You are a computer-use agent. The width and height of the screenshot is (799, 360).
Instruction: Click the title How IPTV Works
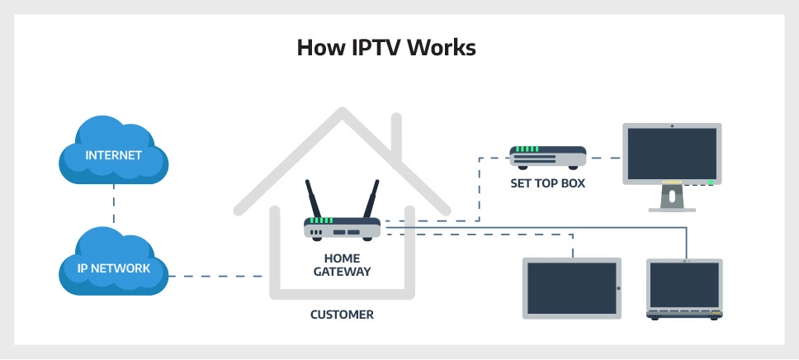pyautogui.click(x=386, y=48)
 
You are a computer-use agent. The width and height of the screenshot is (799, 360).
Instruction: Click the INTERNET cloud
pyautogui.click(x=114, y=155)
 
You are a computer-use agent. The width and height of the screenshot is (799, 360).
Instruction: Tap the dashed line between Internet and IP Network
pyautogui.click(x=114, y=210)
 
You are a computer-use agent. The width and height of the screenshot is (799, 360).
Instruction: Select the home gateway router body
pyautogui.click(x=342, y=228)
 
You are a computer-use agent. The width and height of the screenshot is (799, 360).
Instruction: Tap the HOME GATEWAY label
pyautogui.click(x=342, y=264)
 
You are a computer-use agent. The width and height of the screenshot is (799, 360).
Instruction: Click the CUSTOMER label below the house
pyautogui.click(x=342, y=315)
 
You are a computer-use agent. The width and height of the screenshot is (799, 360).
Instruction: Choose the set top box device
pyautogui.click(x=547, y=156)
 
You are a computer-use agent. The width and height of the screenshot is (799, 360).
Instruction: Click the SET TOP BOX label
pyautogui.click(x=547, y=183)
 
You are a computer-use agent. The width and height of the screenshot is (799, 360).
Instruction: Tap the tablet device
pyautogui.click(x=571, y=287)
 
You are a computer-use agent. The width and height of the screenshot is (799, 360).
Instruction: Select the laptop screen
pyautogui.click(x=684, y=285)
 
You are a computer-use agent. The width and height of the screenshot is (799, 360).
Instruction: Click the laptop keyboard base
pyautogui.click(x=684, y=315)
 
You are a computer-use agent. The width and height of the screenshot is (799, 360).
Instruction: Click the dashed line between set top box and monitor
pyautogui.click(x=604, y=158)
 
